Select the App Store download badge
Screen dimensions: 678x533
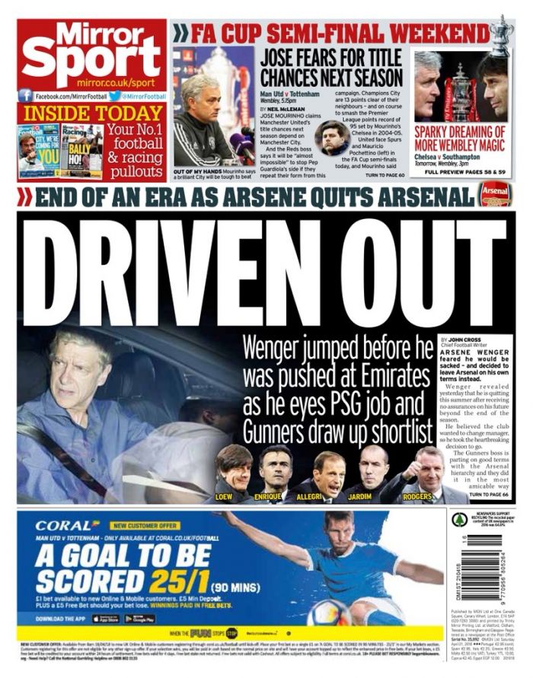tap(106, 619)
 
